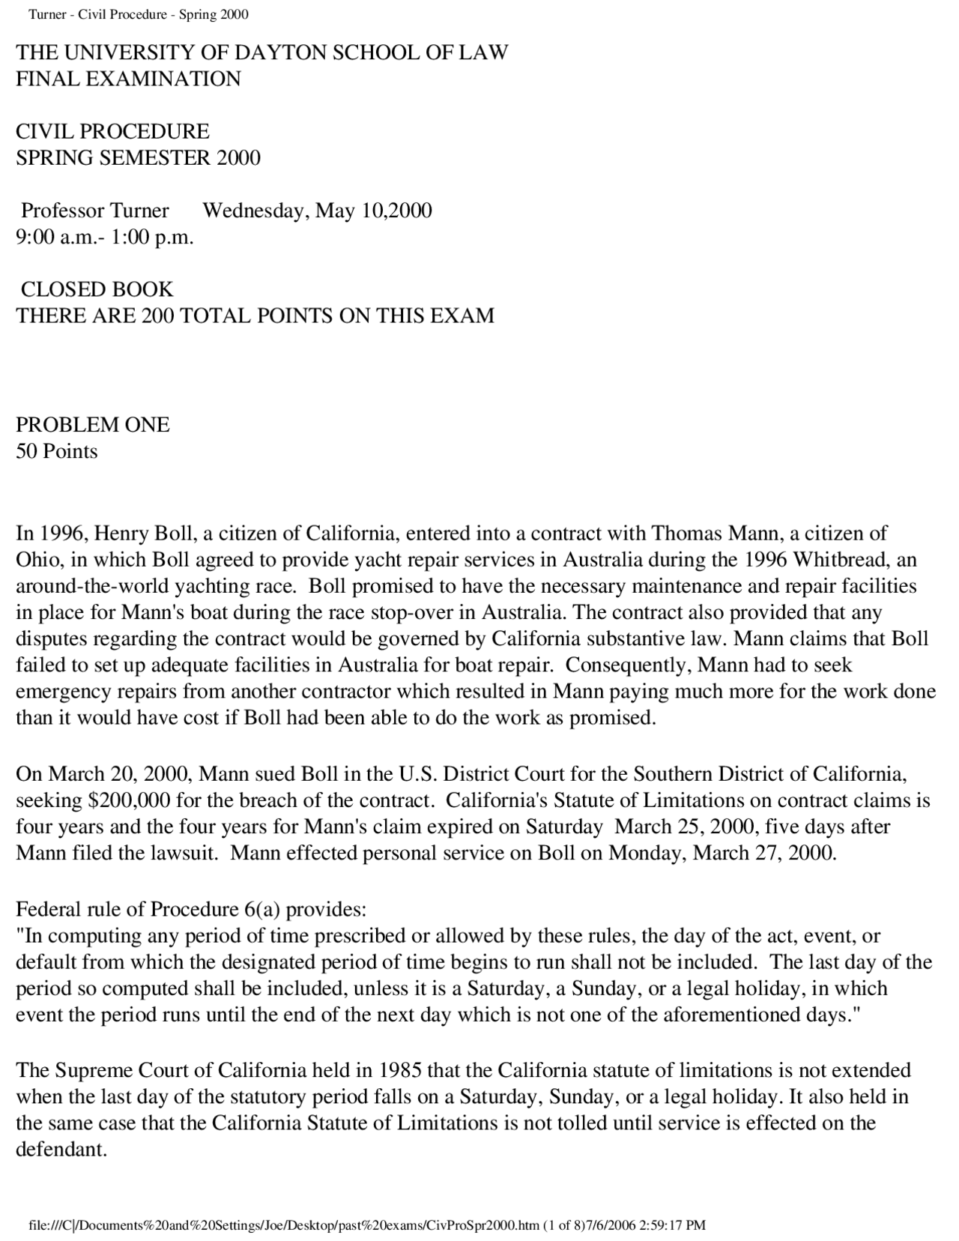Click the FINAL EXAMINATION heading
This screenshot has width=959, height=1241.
click(x=128, y=79)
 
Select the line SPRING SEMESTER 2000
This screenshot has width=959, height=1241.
click(x=138, y=158)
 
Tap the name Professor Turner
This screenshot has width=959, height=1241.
click(x=94, y=211)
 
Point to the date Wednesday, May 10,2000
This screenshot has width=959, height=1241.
click(x=317, y=211)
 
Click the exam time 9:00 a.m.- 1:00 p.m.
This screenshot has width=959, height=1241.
click(x=105, y=238)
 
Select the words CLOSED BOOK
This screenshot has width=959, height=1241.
click(x=97, y=289)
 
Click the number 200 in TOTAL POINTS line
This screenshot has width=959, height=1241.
click(x=157, y=315)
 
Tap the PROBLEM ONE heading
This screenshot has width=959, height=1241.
click(x=93, y=425)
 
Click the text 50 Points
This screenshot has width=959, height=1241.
click(x=57, y=452)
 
